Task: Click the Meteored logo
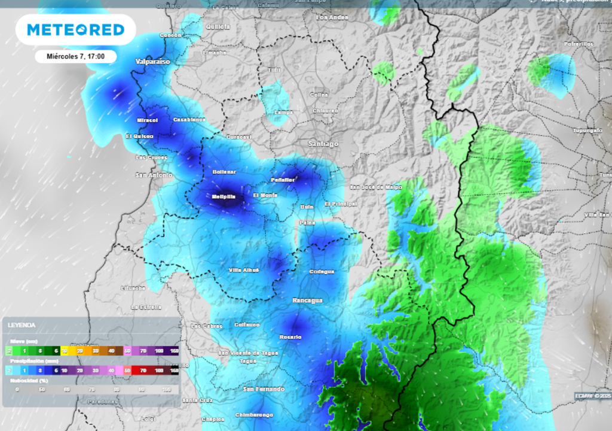75,30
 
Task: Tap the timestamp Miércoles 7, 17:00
75,56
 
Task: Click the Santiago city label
323,144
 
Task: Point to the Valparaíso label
152,62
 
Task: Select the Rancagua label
307,300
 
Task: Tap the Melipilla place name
227,196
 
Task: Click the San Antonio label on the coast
154,175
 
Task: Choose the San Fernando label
264,389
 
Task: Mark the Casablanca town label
189,120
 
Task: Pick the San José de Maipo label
376,187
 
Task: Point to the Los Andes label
331,18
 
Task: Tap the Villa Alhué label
244,270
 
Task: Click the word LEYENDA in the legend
22,325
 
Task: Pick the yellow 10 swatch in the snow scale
65,350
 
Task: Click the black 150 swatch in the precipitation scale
174,371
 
